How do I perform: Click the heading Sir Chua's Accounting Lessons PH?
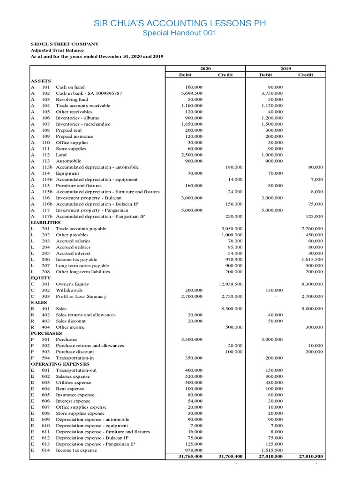[x=180, y=23]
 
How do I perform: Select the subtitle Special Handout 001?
[x=180, y=34]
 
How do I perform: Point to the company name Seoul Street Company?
[x=65, y=44]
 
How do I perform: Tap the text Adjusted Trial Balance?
[x=57, y=50]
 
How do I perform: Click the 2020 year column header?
[x=205, y=68]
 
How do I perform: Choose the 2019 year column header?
[x=285, y=68]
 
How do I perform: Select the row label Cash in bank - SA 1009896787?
[x=89, y=93]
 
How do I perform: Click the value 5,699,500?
[x=192, y=93]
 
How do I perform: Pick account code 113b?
[x=47, y=167]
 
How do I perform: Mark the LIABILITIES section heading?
[x=46, y=222]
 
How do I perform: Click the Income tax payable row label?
[x=76, y=259]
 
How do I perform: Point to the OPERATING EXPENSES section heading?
[x=59, y=364]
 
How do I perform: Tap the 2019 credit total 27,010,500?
[x=310, y=456]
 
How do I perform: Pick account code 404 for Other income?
[x=45, y=327]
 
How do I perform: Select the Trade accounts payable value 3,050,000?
[x=231, y=229]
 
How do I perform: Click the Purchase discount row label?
[x=75, y=352]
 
